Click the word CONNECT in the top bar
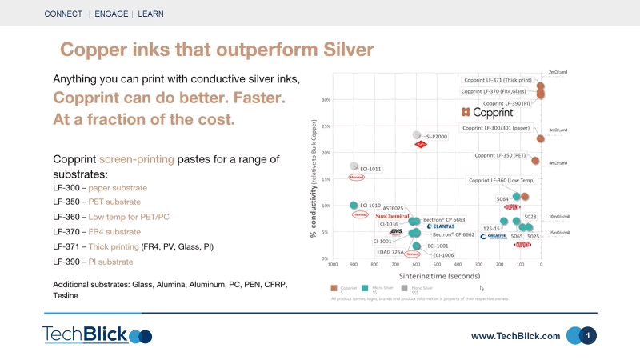62,14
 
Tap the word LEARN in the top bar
151,14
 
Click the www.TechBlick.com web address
515,337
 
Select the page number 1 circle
588,336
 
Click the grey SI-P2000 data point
417,136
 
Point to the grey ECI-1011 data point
354,166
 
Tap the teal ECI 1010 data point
354,206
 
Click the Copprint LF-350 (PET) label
500,155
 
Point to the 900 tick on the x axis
354,264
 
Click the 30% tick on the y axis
326,100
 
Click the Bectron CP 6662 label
454,235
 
